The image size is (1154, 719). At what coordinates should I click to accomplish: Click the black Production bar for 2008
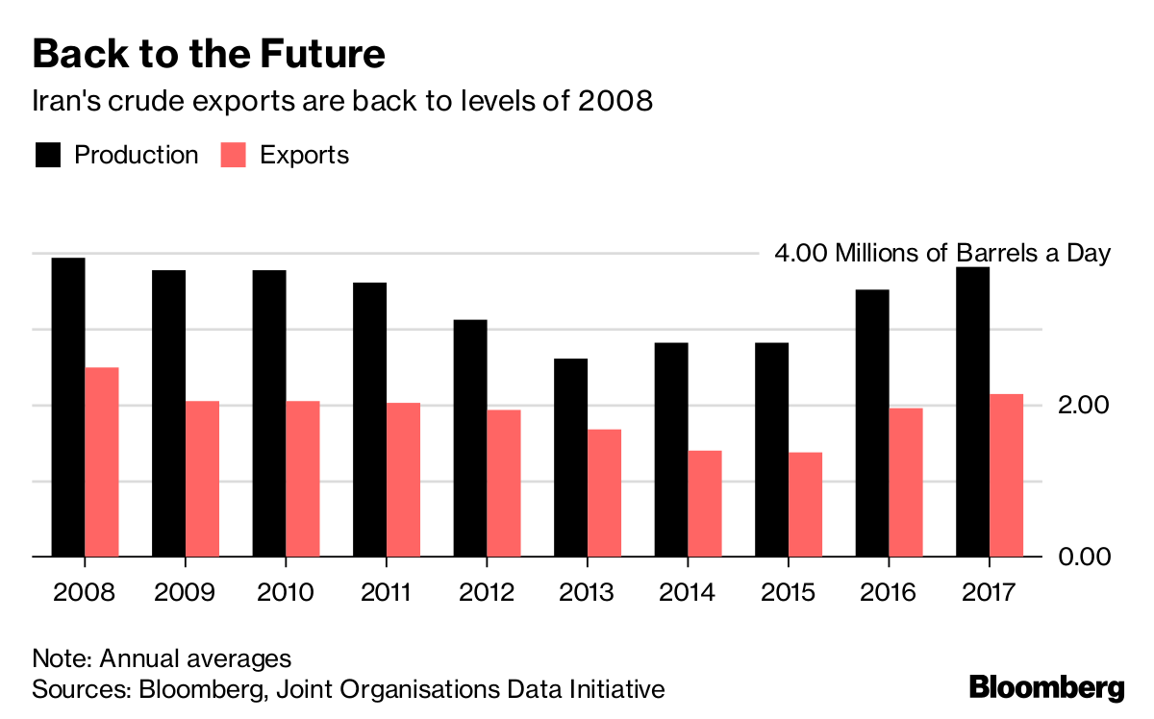[x=68, y=407]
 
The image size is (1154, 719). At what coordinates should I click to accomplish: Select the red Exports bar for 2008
[x=102, y=461]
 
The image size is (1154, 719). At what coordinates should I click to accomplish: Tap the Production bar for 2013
[x=571, y=458]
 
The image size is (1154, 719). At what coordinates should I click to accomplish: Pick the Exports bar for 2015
[x=806, y=504]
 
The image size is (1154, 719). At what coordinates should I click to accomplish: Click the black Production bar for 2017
[x=973, y=411]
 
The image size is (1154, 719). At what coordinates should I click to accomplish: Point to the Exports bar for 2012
[x=504, y=483]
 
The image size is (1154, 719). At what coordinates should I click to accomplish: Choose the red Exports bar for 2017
[x=1007, y=475]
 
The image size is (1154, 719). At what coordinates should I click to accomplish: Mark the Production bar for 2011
[x=370, y=419]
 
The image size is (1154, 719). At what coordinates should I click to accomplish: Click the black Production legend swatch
[x=48, y=155]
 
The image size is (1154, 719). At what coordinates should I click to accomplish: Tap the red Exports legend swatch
[x=234, y=155]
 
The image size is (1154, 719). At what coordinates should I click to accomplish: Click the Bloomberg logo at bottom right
[x=1046, y=687]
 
